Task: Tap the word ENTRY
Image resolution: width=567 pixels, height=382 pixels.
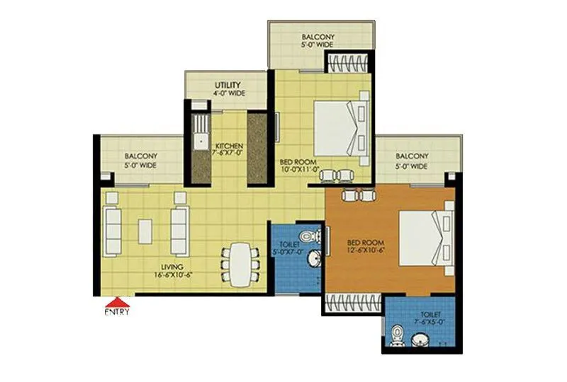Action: tap(117, 311)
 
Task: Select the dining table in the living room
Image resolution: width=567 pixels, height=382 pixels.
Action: tap(239, 264)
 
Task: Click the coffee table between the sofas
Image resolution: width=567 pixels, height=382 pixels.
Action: tap(145, 231)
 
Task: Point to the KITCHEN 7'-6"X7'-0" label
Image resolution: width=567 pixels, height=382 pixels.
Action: tap(228, 149)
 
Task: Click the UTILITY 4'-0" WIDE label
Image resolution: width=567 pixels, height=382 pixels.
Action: tap(227, 89)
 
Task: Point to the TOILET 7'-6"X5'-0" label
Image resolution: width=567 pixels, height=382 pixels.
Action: tap(430, 318)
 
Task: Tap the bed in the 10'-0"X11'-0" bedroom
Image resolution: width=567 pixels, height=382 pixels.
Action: tap(339, 128)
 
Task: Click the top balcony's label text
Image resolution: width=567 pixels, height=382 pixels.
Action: tap(320, 41)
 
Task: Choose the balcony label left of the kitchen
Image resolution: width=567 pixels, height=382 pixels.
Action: tap(141, 161)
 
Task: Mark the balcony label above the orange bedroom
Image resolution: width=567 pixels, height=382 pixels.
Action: tap(412, 161)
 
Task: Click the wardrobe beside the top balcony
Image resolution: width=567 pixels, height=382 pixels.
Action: tap(347, 62)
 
